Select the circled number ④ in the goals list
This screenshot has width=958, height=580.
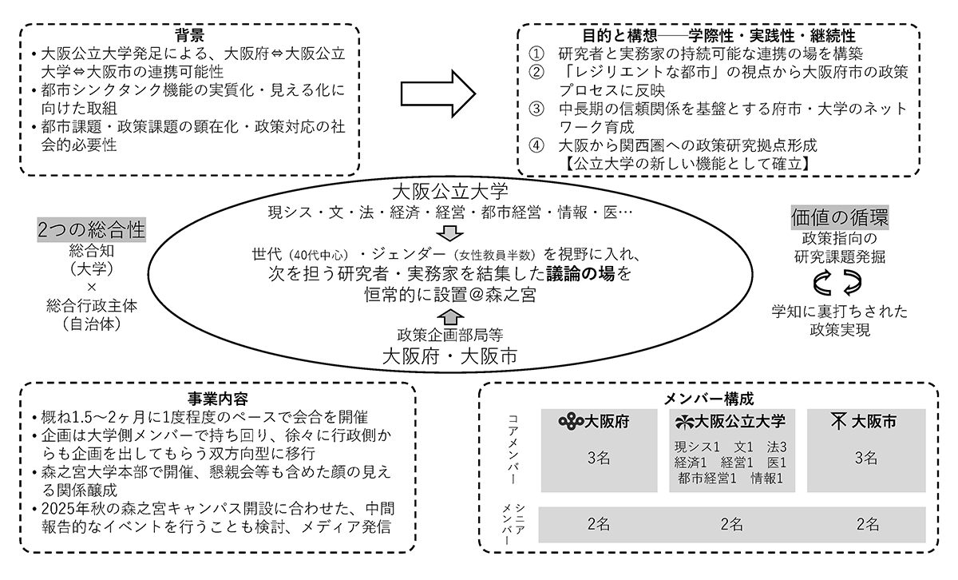[537, 146]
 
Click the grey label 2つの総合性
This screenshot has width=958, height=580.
[91, 230]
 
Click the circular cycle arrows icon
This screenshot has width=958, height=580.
[839, 281]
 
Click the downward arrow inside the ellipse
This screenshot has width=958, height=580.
[449, 233]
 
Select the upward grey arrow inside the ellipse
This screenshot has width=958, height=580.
[450, 314]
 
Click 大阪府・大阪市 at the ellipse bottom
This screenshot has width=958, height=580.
[449, 355]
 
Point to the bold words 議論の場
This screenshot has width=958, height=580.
[581, 274]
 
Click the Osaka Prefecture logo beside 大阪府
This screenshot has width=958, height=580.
[572, 421]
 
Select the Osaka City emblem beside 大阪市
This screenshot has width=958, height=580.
[839, 421]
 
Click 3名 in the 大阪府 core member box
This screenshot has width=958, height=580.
[599, 459]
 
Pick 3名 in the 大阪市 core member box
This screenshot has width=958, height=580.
[867, 459]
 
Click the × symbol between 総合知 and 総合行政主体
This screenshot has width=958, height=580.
[91, 286]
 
